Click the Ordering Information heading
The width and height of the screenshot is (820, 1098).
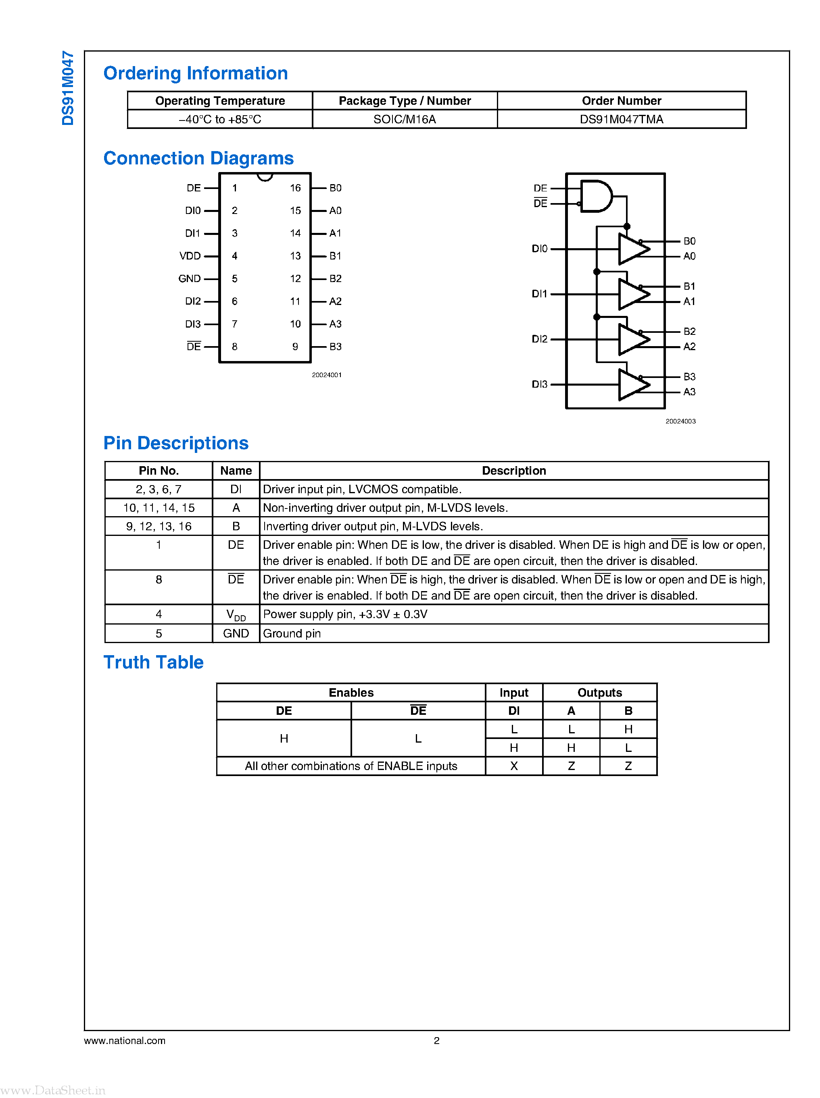[x=196, y=73]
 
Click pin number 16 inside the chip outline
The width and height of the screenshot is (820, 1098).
[x=295, y=188]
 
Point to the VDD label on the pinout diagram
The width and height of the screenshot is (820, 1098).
[x=190, y=256]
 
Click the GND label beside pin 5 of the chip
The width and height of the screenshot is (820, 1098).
[x=190, y=279]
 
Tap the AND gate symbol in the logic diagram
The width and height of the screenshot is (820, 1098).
[x=596, y=196]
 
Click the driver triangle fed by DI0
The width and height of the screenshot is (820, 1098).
[x=633, y=249]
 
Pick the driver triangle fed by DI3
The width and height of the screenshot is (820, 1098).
[x=633, y=385]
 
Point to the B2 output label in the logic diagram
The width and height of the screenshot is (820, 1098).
[x=689, y=331]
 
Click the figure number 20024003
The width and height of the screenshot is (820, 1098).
[x=680, y=421]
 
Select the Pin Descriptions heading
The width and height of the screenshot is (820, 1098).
[x=176, y=443]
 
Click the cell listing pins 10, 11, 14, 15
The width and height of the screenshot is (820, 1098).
[x=159, y=508]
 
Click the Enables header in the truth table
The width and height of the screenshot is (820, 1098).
[x=351, y=692]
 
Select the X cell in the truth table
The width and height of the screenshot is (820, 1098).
[x=514, y=766]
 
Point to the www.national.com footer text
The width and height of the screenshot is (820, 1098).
[x=125, y=1040]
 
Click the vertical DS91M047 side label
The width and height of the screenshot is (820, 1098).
[x=67, y=88]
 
